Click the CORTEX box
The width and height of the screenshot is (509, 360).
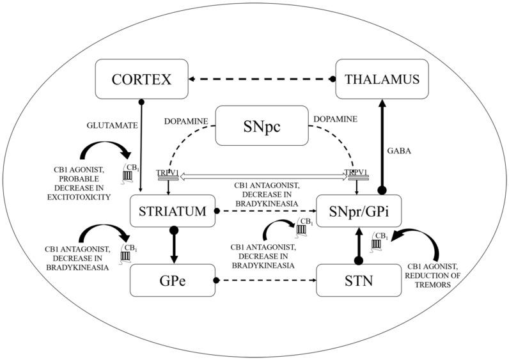coord(142,80)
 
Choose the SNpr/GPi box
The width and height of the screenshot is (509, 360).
coord(360,211)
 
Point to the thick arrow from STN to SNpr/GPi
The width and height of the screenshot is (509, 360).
coord(359,246)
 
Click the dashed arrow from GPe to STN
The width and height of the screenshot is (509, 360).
coord(265,280)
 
